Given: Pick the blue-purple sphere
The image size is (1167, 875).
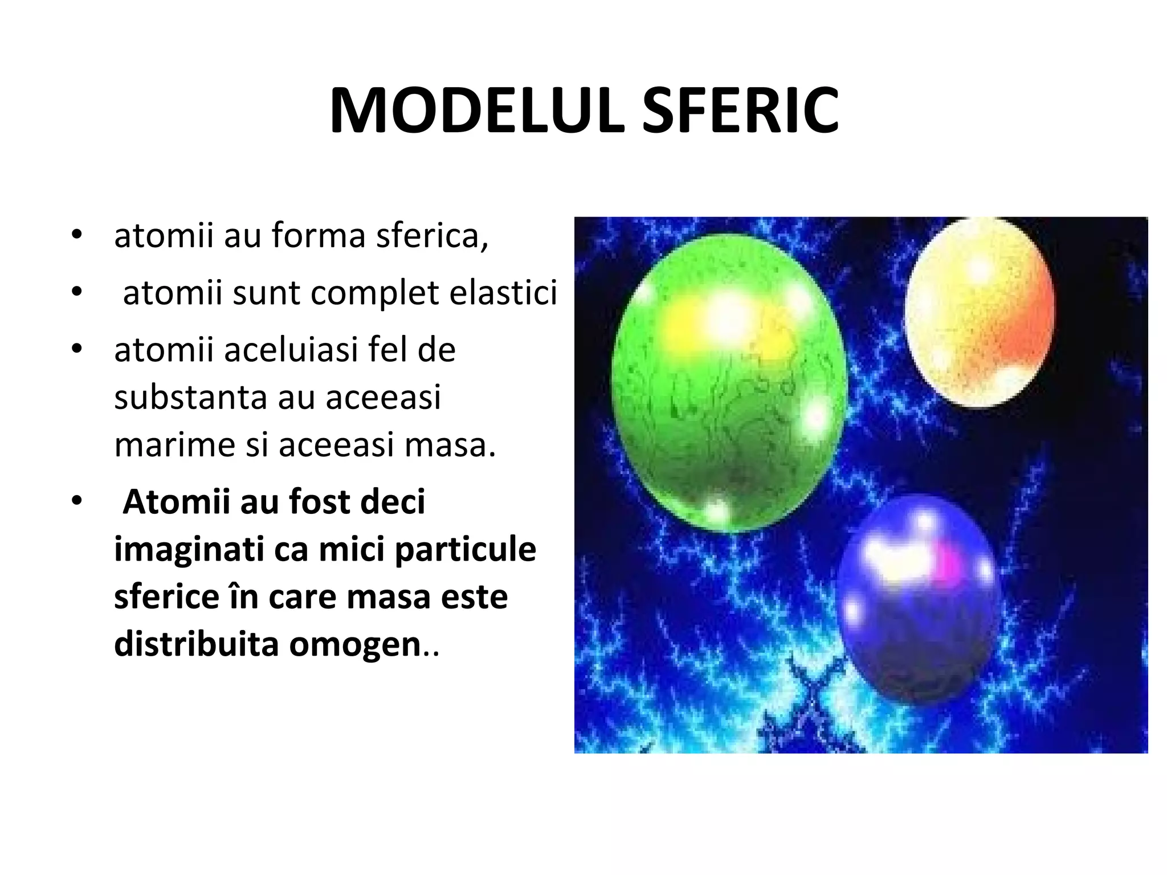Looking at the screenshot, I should tap(917, 598).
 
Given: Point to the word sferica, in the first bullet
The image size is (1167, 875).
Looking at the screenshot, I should tap(432, 235).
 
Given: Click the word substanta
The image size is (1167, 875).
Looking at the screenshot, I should tap(190, 397).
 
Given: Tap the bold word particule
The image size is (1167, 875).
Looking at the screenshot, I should tap(465, 550).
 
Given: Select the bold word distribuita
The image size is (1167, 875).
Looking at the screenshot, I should tap(196, 644).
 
